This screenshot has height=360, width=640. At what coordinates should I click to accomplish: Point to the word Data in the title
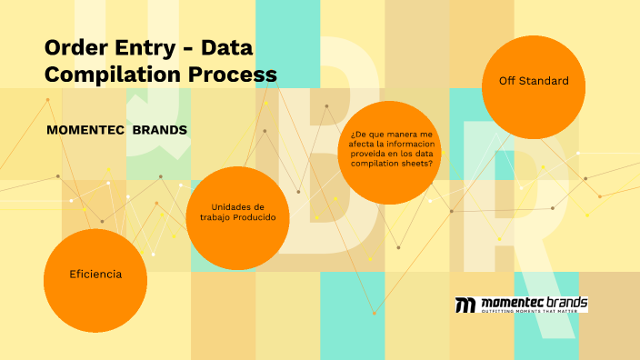[228, 46]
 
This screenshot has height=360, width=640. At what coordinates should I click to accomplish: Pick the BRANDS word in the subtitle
[160, 130]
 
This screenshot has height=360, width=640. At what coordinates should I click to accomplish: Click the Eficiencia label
[95, 274]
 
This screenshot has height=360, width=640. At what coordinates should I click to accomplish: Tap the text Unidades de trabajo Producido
[237, 212]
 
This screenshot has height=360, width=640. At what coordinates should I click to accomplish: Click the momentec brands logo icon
[465, 305]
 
